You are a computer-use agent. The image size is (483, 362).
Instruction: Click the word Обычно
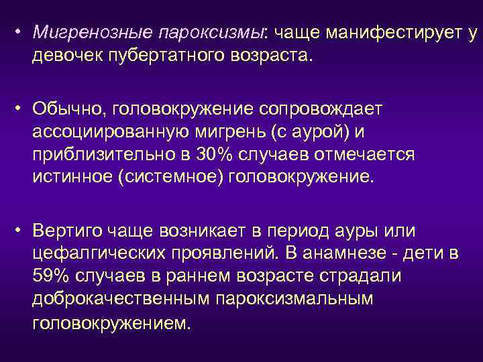68,109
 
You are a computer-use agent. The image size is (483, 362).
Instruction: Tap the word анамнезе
362,253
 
